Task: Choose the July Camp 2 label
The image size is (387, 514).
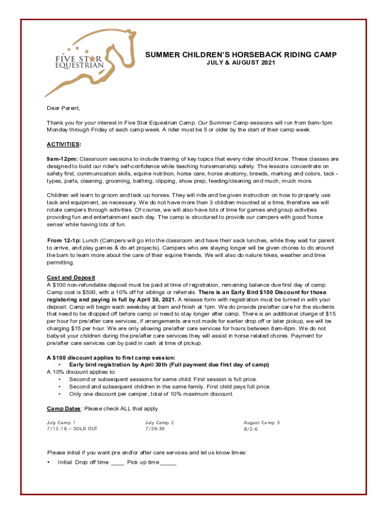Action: [159, 423]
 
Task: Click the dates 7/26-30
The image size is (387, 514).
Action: [155, 429]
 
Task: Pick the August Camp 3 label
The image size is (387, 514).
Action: [261, 423]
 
